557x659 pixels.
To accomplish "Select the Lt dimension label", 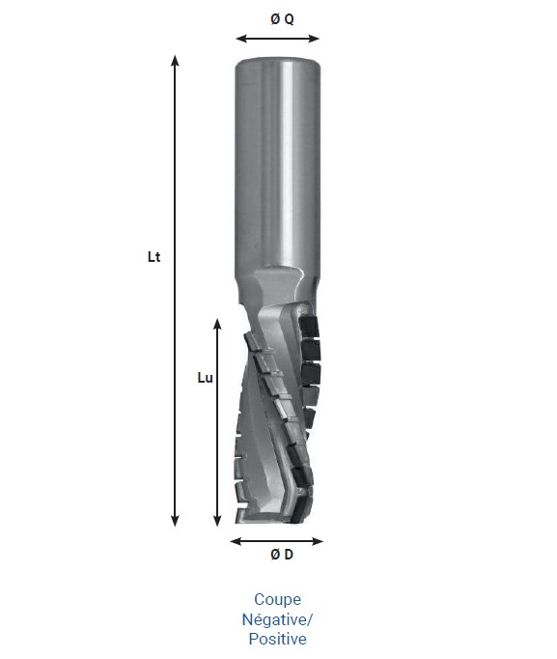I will point(153,258).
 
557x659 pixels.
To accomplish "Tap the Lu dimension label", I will point(204,378).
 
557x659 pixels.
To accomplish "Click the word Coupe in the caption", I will point(277,600).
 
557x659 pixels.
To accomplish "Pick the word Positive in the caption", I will point(277,639).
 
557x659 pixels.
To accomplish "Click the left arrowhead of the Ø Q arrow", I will point(239,40).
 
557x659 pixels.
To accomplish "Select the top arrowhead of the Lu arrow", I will point(217,319).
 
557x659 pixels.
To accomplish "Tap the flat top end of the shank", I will point(277,61).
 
